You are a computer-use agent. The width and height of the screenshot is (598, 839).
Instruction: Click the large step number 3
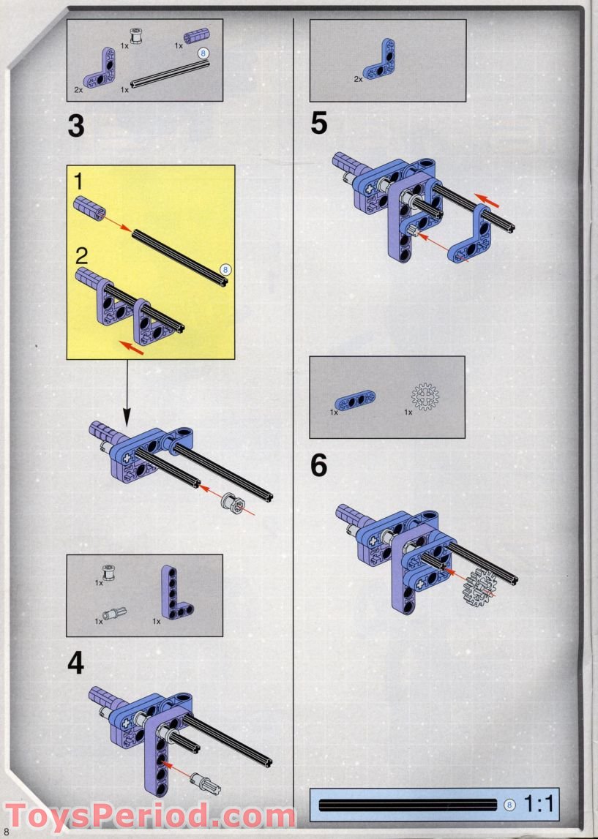[x=76, y=127]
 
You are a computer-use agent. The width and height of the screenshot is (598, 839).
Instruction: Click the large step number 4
[x=76, y=663]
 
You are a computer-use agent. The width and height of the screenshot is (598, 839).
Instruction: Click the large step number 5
[x=319, y=124]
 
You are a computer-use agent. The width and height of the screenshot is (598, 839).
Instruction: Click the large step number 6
[x=319, y=465]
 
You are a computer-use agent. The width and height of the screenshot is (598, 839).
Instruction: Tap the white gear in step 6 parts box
[x=425, y=396]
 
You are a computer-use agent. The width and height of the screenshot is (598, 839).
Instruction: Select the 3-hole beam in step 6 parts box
[x=355, y=400]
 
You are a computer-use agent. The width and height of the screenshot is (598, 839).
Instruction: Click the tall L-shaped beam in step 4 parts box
[x=175, y=592]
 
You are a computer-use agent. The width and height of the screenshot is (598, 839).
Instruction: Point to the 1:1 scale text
[x=538, y=804]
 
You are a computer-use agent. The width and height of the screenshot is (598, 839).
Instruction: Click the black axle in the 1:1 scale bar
[x=408, y=805]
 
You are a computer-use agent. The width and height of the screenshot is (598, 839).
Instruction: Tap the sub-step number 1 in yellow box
[x=78, y=182]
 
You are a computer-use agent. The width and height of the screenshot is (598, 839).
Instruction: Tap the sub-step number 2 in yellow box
[x=81, y=256]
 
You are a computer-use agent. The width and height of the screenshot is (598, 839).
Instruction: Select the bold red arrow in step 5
[x=487, y=200]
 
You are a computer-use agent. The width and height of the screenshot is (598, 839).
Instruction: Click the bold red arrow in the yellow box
[x=131, y=347]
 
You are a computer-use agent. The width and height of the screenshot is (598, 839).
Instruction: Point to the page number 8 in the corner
[x=7, y=830]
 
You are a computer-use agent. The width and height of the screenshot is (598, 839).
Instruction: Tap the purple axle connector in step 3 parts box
[x=196, y=36]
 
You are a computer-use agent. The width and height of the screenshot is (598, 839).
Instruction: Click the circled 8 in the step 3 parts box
[x=203, y=53]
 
